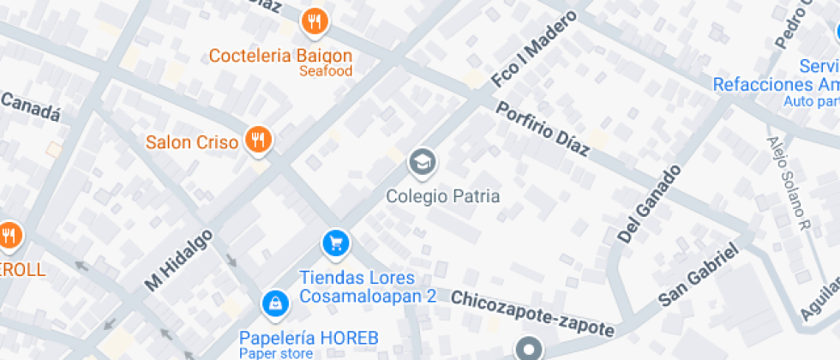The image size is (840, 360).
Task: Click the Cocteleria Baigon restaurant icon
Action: tap(315, 21)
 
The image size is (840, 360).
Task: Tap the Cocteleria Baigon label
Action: tap(281, 56)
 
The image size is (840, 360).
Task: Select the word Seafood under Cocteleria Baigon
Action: tap(325, 71)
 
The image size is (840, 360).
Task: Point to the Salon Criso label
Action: tap(191, 142)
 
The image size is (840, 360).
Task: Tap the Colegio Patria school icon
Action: tap(421, 160)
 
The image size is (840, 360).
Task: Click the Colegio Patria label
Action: tap(442, 196)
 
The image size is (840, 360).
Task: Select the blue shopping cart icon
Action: tap(335, 243)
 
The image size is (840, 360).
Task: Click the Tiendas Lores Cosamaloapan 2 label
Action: tap(368, 287)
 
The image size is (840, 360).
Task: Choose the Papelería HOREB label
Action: tap(308, 337)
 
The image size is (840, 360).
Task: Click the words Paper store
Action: tap(273, 352)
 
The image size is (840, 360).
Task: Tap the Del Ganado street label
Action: tap(649, 203)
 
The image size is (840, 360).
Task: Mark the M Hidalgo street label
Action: tap(178, 259)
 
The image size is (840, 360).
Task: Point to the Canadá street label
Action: tap(30, 106)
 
